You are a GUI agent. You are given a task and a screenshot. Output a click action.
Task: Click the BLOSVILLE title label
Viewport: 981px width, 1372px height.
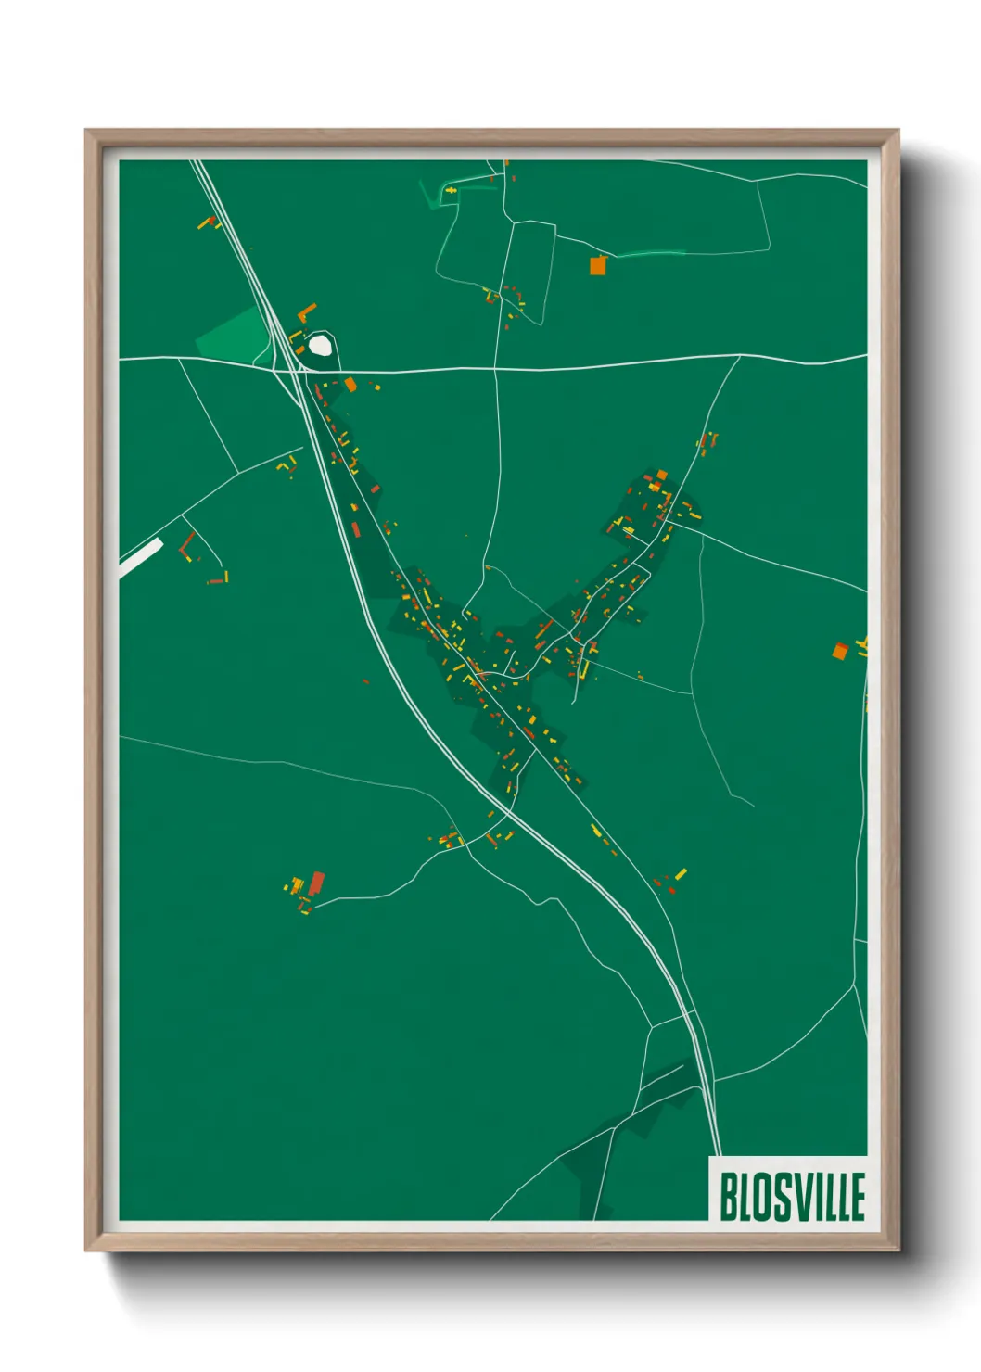pos(791,1196)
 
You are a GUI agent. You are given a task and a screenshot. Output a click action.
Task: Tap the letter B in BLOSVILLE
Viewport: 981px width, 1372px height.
pos(729,1197)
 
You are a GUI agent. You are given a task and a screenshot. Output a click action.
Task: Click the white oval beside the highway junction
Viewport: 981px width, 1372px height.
pos(320,345)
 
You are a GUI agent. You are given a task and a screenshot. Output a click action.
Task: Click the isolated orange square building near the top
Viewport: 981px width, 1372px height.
pos(598,266)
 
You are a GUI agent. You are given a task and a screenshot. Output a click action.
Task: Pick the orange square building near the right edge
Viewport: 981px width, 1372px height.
pos(840,651)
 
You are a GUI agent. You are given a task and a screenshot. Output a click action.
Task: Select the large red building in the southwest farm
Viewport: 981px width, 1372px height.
pos(317,882)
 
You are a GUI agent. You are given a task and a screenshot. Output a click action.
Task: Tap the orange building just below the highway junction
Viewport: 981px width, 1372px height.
pos(350,384)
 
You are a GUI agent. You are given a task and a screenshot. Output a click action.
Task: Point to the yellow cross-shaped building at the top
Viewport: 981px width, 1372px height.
pos(452,191)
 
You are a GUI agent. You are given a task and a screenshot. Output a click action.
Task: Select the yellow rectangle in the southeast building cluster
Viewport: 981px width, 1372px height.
pos(682,873)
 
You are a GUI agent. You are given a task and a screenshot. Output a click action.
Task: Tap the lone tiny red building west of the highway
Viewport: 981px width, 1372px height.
pos(365,681)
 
